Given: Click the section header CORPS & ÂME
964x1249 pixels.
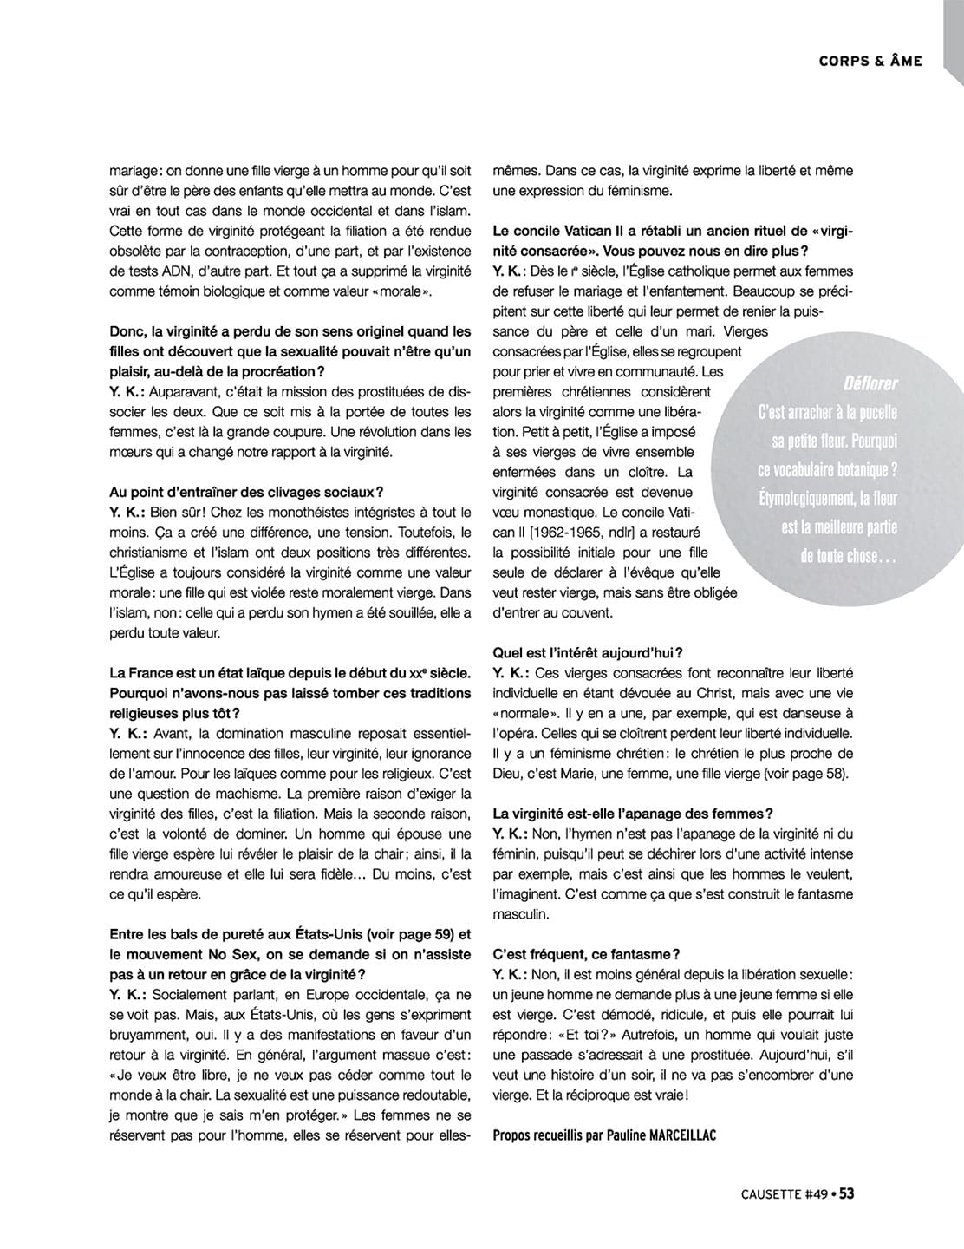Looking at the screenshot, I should point(870,61).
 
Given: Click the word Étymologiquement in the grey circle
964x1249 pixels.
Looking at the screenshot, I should point(796,499).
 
